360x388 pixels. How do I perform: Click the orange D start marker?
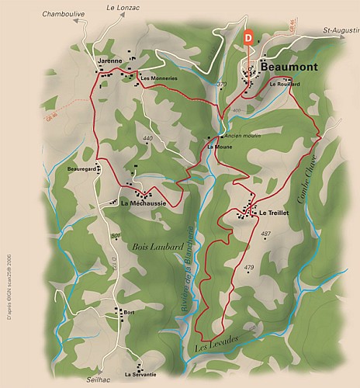[248, 36]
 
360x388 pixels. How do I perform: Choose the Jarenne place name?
[110, 60]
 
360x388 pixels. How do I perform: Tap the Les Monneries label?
[158, 78]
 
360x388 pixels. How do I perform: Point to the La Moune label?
[220, 147]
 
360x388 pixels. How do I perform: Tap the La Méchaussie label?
[146, 203]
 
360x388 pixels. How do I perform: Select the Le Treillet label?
[274, 212]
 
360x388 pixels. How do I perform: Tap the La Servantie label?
[140, 374]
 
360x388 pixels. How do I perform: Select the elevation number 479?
[249, 268]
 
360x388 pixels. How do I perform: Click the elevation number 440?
[148, 139]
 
